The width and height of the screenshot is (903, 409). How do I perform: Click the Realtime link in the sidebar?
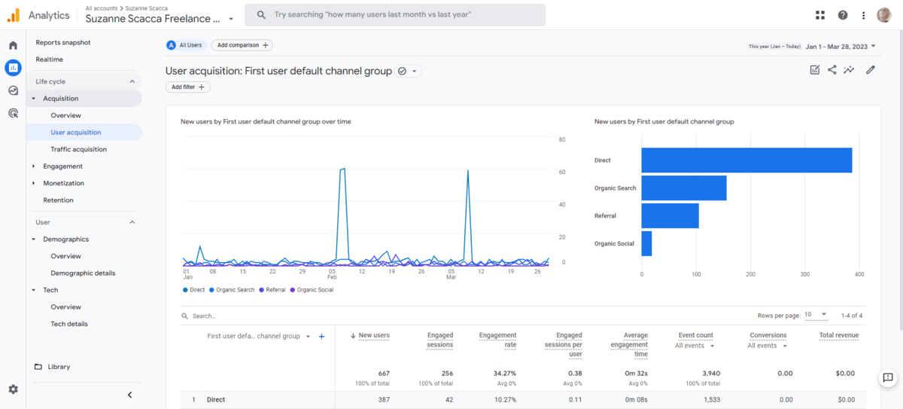(x=50, y=60)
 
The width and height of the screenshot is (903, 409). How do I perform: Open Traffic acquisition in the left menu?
(x=78, y=149)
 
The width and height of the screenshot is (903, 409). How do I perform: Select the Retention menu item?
(x=58, y=200)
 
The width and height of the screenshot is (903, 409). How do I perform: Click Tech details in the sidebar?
(x=69, y=324)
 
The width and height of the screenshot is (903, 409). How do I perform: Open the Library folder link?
(x=58, y=367)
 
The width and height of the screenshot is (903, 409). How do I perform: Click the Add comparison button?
(x=242, y=45)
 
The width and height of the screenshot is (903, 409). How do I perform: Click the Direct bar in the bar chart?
(x=746, y=160)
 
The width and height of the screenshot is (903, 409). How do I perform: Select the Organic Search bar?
(x=683, y=188)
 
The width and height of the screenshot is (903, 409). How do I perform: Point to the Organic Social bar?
(x=646, y=243)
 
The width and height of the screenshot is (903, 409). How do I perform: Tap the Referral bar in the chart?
(x=670, y=216)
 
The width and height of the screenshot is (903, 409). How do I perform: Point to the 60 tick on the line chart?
(x=561, y=172)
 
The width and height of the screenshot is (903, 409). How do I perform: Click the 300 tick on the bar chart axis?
(x=805, y=274)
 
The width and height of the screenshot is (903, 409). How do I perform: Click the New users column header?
(x=374, y=335)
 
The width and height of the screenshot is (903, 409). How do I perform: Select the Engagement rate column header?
(x=497, y=340)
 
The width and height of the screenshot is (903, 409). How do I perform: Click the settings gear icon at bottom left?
(x=13, y=389)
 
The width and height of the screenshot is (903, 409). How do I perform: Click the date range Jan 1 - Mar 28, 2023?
(x=836, y=47)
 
